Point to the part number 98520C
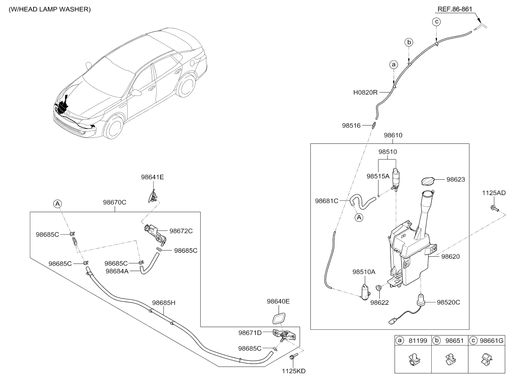coord(448,302)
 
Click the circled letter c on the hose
coord(436,22)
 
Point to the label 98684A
coord(117,271)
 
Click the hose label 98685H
coord(163,302)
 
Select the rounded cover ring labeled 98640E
coord(279,319)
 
